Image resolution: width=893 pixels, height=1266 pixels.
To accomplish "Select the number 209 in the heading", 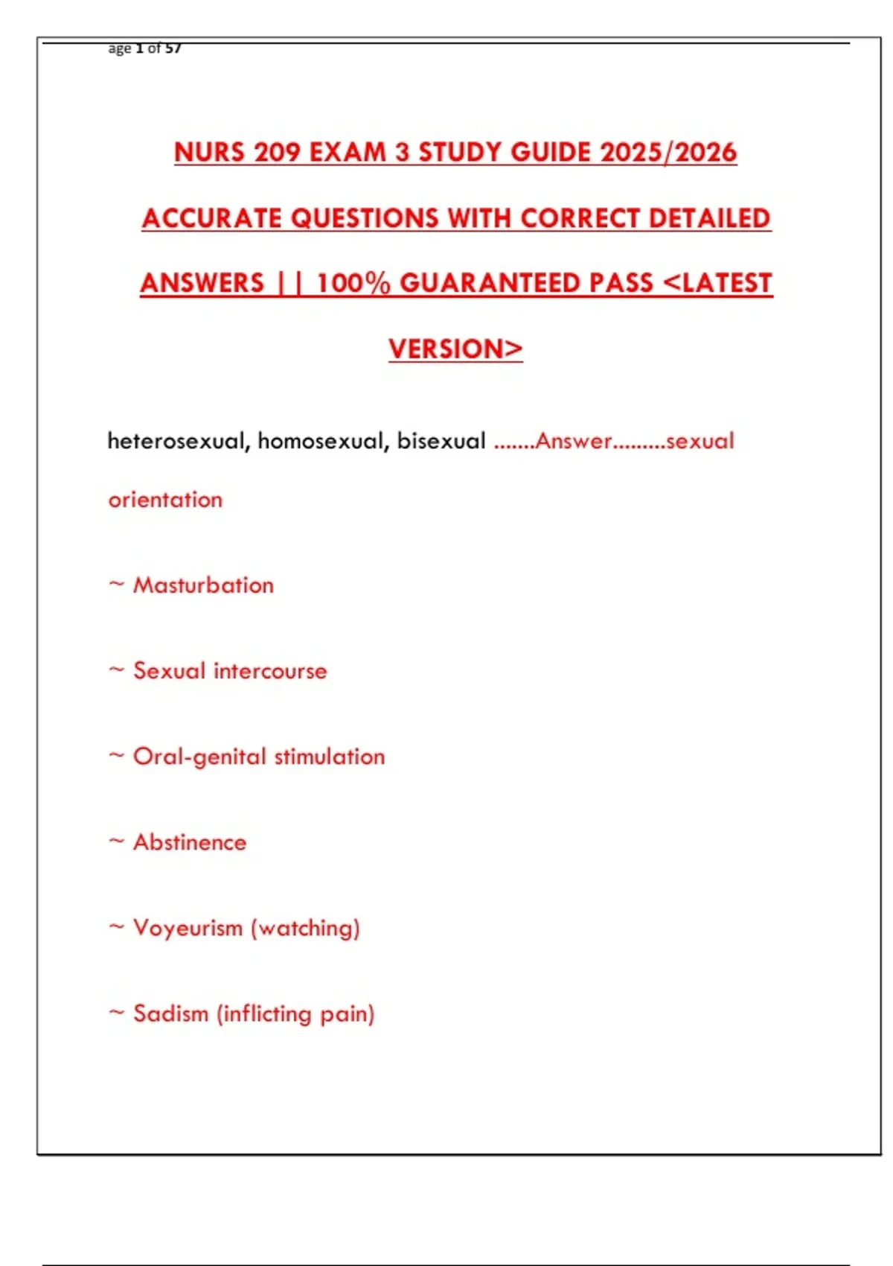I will pyautogui.click(x=277, y=153).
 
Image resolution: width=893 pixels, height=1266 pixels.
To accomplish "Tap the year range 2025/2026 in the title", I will pyautogui.click(x=668, y=153).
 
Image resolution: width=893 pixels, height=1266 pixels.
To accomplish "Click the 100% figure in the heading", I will pyautogui.click(x=353, y=284).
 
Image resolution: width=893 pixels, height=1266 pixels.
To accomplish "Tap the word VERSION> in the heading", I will pyautogui.click(x=455, y=349).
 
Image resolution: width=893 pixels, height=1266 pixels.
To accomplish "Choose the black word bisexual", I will pyautogui.click(x=441, y=441).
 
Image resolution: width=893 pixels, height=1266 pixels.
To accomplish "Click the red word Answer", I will pyautogui.click(x=573, y=441).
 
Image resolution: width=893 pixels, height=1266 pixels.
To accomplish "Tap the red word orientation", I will pyautogui.click(x=165, y=500).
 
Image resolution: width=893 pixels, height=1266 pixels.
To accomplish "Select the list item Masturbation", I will pyautogui.click(x=203, y=585).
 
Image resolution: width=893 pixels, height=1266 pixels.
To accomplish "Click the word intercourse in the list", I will pyautogui.click(x=270, y=671).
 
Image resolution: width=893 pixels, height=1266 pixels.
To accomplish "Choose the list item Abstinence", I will pyautogui.click(x=190, y=842).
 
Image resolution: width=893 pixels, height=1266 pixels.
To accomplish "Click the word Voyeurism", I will pyautogui.click(x=188, y=929).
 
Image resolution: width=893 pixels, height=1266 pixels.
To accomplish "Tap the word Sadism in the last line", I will pyautogui.click(x=170, y=1014).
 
